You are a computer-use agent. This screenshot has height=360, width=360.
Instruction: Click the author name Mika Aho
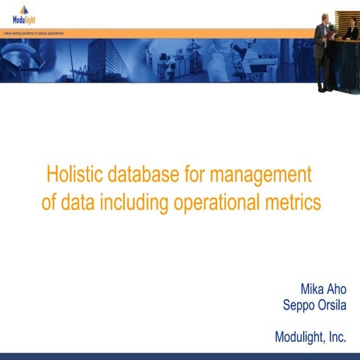322,289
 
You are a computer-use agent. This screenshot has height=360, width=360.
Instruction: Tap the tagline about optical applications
33,34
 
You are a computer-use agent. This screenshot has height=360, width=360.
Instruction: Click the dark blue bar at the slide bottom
180,355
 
